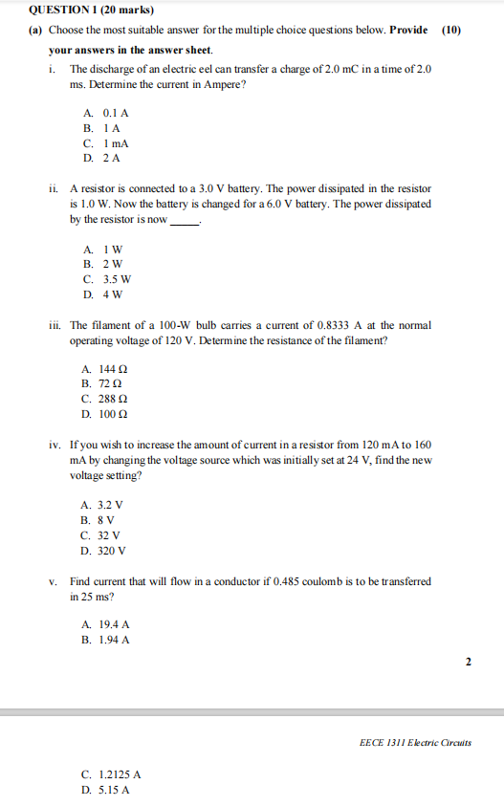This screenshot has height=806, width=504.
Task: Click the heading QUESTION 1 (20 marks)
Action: (78, 10)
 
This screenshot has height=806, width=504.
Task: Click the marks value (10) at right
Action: (451, 30)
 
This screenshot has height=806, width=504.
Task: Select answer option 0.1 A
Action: (106, 112)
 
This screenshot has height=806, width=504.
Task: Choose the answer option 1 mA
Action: (106, 142)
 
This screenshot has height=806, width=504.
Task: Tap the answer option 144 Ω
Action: (106, 369)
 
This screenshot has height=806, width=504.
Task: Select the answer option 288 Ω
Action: (106, 400)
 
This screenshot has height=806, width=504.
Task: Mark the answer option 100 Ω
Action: (106, 415)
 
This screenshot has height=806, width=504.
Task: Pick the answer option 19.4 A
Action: (107, 624)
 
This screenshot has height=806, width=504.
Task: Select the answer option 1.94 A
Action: (107, 640)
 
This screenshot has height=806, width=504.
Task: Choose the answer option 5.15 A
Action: (107, 791)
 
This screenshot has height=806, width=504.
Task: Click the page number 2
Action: (469, 661)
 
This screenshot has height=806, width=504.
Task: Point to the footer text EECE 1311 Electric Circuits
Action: (415, 742)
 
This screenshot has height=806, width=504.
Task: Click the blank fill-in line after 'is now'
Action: (185, 221)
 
